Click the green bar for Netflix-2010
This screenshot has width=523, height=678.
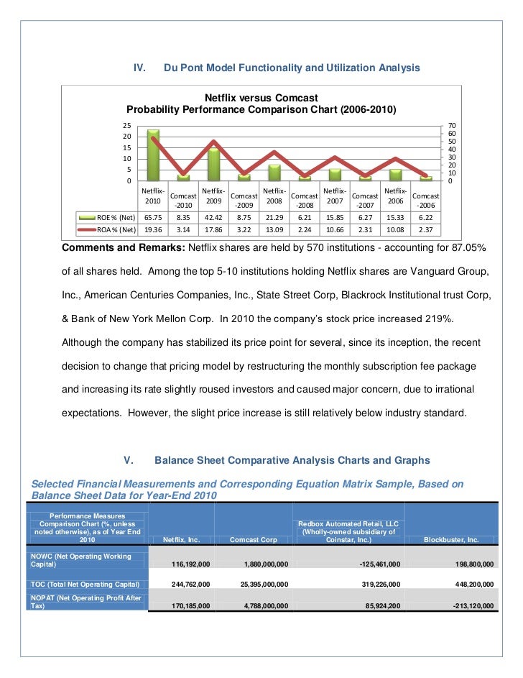153,155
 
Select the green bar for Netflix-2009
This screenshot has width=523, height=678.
213,164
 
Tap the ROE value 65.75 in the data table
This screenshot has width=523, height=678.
153,216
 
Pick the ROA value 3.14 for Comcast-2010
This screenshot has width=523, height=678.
183,230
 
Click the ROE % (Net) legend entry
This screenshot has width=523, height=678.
107,216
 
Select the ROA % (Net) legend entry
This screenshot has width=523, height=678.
107,230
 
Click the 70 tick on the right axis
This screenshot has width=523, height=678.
451,126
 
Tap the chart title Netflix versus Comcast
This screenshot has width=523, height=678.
261,97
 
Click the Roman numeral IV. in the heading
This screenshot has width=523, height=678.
141,68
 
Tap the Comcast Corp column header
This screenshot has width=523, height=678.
253,539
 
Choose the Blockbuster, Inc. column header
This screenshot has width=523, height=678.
451,539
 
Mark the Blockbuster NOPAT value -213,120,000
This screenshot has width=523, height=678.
468,606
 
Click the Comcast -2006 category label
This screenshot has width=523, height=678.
427,201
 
